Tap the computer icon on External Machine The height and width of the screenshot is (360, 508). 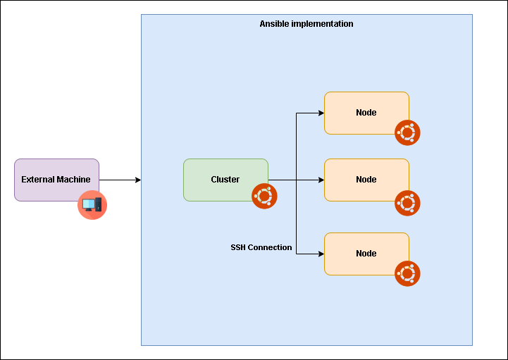click(x=92, y=205)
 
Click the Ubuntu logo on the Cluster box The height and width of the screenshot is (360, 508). click(x=264, y=196)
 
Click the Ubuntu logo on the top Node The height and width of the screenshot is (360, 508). click(x=407, y=132)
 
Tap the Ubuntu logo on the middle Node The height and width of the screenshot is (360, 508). click(x=407, y=203)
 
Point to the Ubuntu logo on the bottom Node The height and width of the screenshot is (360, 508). click(x=407, y=273)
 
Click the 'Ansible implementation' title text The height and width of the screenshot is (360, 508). click(x=306, y=24)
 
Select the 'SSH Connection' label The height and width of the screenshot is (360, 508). click(x=261, y=247)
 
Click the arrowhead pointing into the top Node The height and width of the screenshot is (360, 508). click(x=321, y=113)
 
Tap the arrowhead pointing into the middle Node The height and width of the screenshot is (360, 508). click(x=321, y=180)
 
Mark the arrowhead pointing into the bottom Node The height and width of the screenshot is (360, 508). click(x=321, y=254)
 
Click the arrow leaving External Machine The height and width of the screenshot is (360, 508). click(x=120, y=180)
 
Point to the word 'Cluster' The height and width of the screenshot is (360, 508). click(x=225, y=180)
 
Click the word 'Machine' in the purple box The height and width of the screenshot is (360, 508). click(x=73, y=180)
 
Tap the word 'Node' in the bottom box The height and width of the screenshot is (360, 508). click(x=366, y=254)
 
